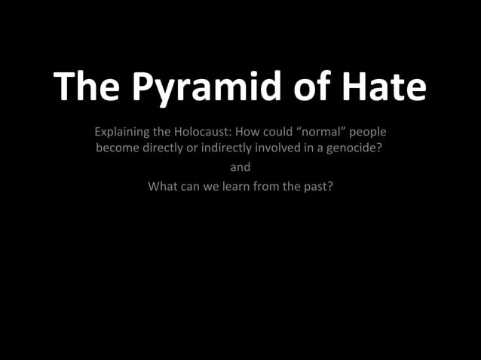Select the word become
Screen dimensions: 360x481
(117, 148)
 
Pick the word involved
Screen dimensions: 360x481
(286, 148)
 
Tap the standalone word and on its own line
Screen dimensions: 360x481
(240, 167)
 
